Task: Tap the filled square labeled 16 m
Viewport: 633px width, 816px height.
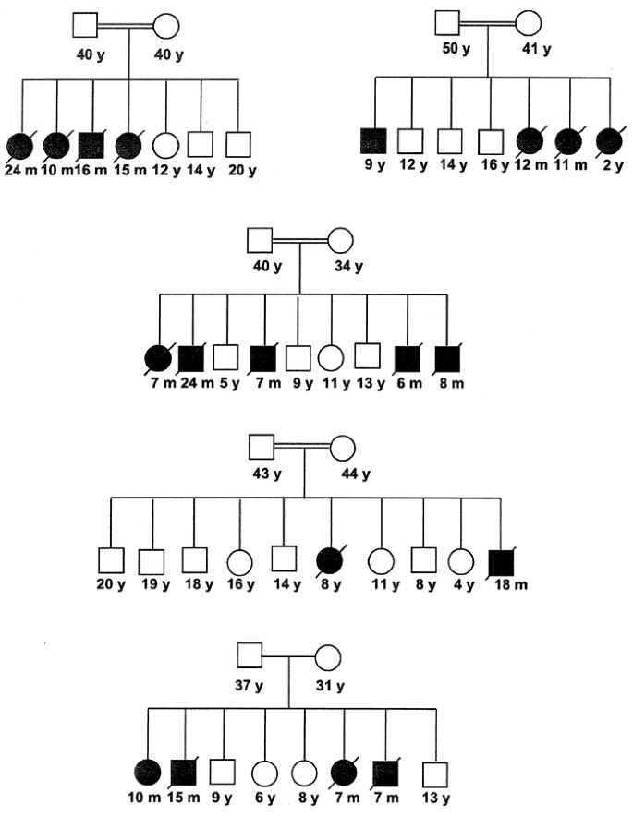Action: click(x=92, y=145)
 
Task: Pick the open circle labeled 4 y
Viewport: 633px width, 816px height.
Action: click(x=460, y=558)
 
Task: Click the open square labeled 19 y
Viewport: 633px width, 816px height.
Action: click(x=152, y=560)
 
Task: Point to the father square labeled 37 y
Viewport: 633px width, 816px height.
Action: click(x=249, y=656)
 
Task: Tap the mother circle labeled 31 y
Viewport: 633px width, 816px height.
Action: click(x=329, y=657)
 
